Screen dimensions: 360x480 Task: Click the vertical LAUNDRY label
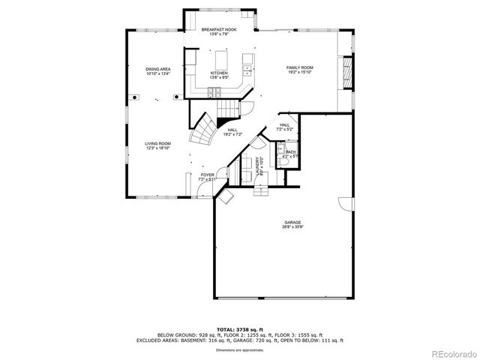pos(259,167)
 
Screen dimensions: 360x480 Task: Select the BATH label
pos(290,154)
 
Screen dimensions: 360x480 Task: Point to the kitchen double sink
pos(247,72)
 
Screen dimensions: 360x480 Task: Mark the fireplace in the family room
pos(346,73)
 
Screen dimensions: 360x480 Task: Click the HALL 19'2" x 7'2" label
pos(233,132)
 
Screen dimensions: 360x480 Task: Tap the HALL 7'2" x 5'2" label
pos(284,127)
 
